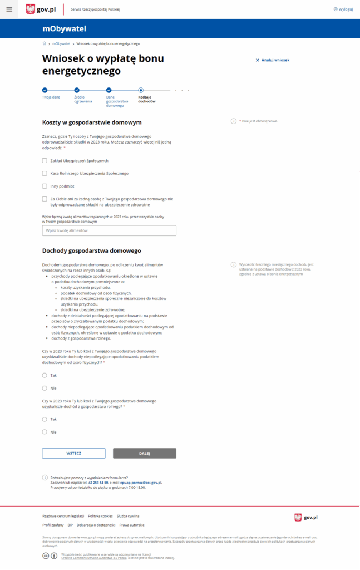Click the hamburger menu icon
click(x=9, y=9)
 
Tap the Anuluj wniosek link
click(x=272, y=60)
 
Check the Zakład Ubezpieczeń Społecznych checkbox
click(x=45, y=161)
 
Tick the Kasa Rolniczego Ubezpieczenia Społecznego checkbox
click(x=45, y=174)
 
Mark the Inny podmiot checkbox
click(x=45, y=186)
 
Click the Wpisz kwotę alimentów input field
click(x=109, y=230)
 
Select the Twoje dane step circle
click(x=45, y=90)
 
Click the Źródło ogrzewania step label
click(x=83, y=99)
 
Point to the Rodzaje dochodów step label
click(x=147, y=99)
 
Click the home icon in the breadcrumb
click(x=45, y=43)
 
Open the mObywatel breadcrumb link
click(x=61, y=43)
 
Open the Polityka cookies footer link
click(x=100, y=516)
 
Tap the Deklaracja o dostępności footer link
click(x=96, y=525)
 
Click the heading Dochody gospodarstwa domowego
click(x=91, y=251)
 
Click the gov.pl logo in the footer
click(x=305, y=518)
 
